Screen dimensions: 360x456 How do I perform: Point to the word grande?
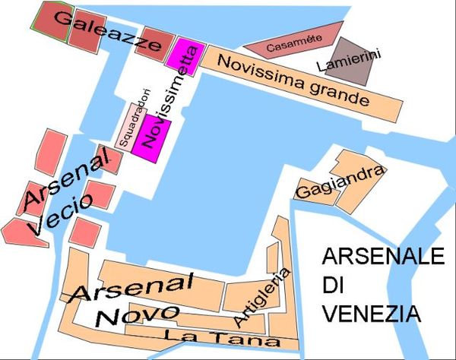click(340, 93)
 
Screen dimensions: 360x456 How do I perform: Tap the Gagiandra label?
click(339, 182)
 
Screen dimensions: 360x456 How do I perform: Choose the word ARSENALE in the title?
click(382, 256)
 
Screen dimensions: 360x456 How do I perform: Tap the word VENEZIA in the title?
click(370, 314)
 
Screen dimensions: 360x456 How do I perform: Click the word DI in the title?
click(333, 285)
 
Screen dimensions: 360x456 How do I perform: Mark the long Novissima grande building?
click(304, 84)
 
